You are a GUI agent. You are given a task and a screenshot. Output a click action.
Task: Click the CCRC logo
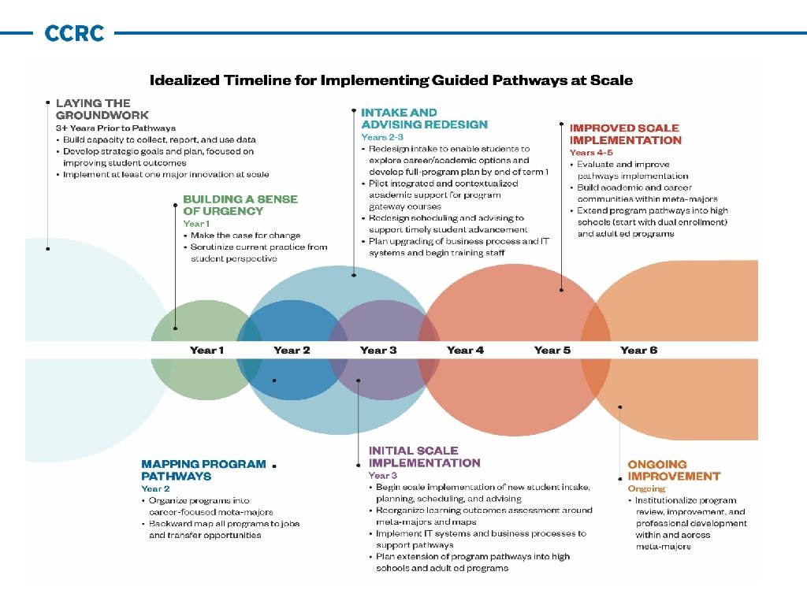74,34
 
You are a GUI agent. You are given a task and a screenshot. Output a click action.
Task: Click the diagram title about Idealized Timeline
392,80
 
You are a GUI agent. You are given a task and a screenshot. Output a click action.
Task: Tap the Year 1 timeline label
206,351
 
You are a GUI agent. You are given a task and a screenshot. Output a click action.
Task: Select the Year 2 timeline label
292,351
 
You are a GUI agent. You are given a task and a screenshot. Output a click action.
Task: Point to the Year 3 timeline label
378,351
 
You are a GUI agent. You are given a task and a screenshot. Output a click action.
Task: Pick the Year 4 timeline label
465,351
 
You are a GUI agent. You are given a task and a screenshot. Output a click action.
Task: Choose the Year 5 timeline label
552,351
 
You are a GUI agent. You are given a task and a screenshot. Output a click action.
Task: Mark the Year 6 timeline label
638,351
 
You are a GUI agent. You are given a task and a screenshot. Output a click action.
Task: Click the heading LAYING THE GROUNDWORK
93,109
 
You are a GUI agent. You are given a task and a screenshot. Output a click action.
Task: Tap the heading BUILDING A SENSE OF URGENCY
240,205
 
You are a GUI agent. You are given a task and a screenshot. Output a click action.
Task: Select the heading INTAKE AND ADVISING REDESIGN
424,118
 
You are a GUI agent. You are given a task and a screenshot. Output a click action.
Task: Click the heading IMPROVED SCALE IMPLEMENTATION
625,134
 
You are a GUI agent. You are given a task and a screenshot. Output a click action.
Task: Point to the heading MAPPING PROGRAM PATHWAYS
203,470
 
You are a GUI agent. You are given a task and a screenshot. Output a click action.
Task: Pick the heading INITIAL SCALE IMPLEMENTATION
424,457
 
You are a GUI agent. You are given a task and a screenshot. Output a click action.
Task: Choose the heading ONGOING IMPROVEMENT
674,470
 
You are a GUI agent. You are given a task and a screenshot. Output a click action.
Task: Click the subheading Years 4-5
591,152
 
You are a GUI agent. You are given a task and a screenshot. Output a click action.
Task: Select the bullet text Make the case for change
245,235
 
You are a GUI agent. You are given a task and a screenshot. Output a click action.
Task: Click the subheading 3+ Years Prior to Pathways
115,128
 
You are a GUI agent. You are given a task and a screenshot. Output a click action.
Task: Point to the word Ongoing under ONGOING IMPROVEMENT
646,488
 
